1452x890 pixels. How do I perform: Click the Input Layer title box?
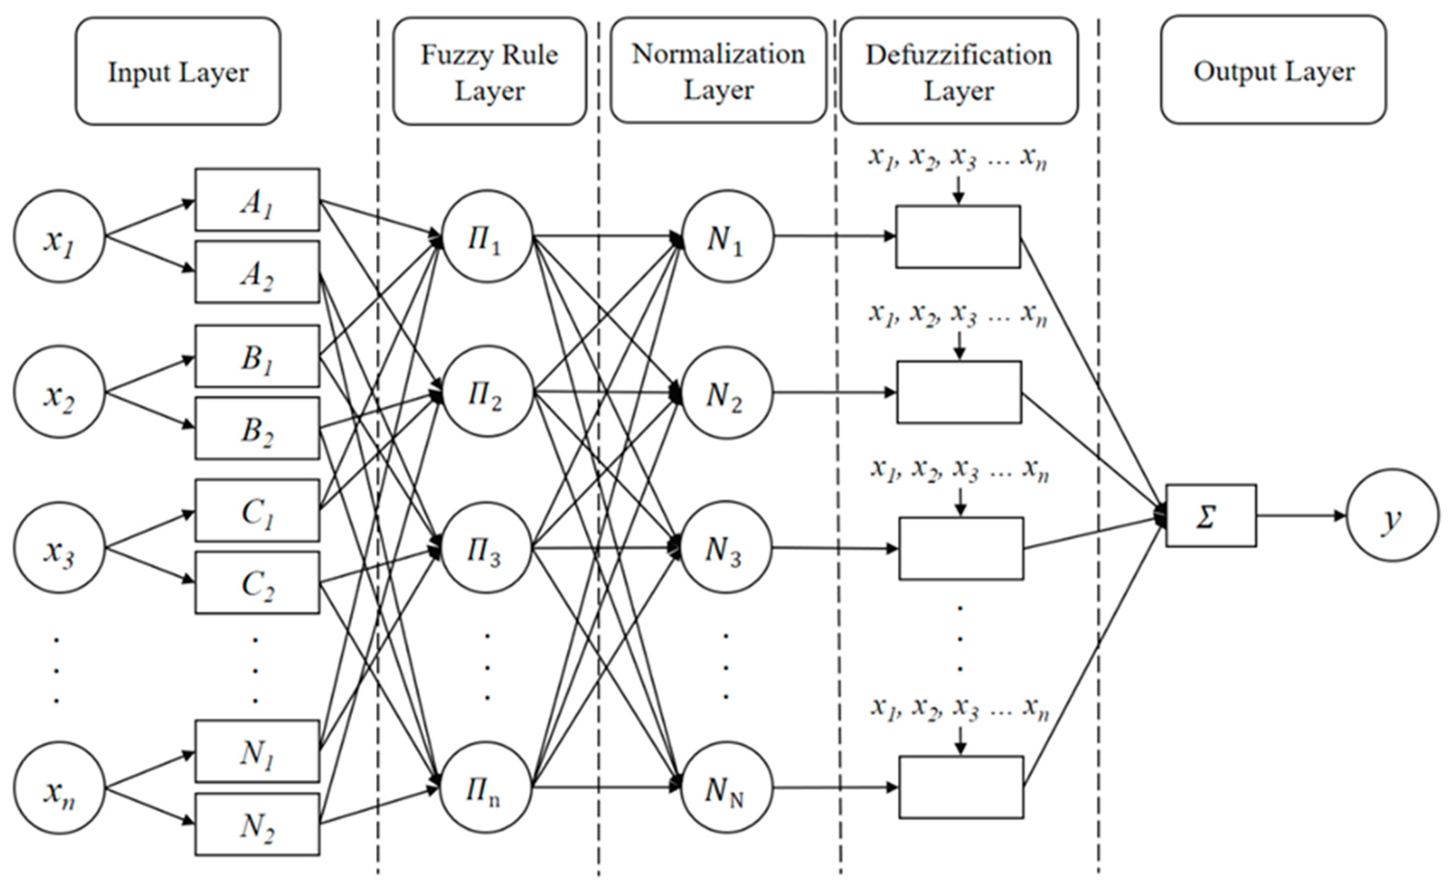pos(178,71)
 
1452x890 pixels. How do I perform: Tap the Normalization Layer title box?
pos(718,71)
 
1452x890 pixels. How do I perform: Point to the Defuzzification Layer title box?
pos(959,71)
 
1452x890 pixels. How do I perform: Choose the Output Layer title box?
pos(1274,70)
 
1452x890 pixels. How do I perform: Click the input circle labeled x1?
pos(59,236)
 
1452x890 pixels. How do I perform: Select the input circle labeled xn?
pos(59,788)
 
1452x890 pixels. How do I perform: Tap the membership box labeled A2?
pos(257,272)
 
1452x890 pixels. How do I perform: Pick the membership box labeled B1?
pos(257,356)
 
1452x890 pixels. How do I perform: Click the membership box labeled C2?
pos(257,582)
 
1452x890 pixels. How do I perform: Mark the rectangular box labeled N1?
pos(257,751)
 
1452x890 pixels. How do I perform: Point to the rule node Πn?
pos(486,788)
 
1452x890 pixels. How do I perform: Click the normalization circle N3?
pos(726,548)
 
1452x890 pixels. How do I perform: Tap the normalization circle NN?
pos(726,788)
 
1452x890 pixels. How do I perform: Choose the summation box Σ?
pos(1211,516)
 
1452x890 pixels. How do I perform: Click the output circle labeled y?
pos(1393,516)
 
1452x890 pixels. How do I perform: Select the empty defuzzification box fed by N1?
pos(958,236)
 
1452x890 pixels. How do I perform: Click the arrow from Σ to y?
pos(1301,516)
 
